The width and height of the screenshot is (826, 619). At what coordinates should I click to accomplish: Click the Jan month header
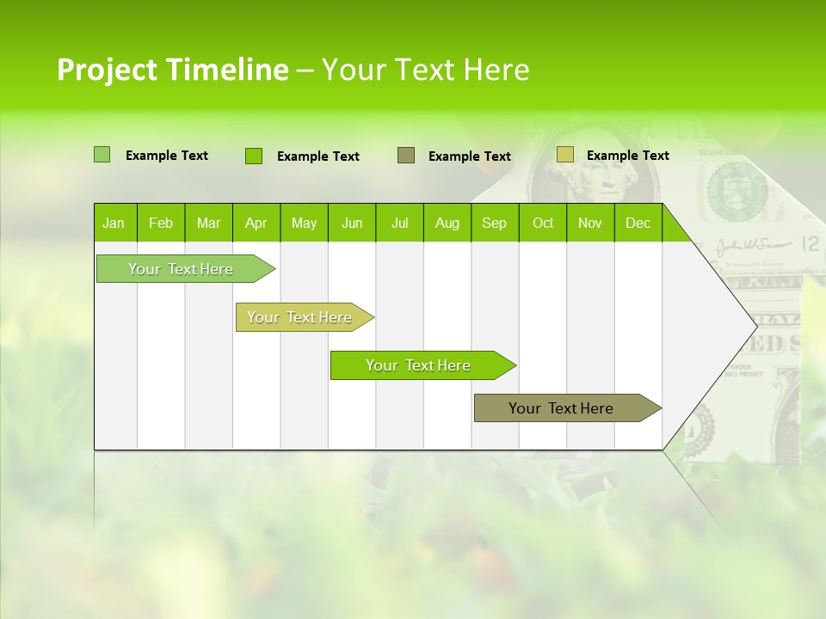point(114,223)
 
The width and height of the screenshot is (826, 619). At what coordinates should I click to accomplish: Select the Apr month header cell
point(256,223)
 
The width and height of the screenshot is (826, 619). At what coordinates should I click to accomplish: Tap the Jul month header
point(399,223)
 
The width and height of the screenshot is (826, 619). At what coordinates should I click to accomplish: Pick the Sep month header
point(495,223)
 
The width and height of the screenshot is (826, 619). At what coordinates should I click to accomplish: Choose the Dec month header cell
point(638,223)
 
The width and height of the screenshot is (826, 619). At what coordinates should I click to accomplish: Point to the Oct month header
point(543,223)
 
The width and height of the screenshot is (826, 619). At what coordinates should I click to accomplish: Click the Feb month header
point(161,223)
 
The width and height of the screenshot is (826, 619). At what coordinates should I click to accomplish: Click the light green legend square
point(102,155)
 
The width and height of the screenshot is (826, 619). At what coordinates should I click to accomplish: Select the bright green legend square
point(253,156)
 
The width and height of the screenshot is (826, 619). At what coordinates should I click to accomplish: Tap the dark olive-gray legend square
point(406,156)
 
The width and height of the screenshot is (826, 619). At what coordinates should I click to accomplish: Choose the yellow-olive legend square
point(564,155)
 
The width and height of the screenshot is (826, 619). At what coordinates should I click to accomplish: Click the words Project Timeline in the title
point(172,70)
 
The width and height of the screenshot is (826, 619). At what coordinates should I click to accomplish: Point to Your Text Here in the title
point(425,70)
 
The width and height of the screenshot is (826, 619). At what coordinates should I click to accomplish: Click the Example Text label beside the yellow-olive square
point(627,156)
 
